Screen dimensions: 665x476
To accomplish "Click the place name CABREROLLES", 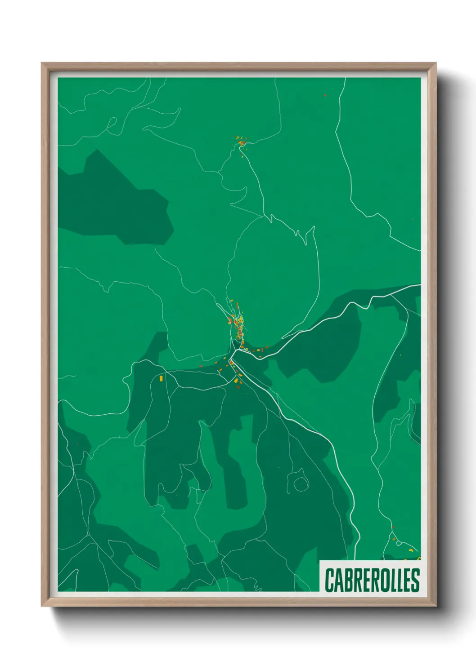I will [x=372, y=580].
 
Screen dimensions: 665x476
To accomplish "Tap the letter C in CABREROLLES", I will [x=329, y=580].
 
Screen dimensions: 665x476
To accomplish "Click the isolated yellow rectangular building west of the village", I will [x=161, y=379].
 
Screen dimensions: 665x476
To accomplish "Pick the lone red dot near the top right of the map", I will [x=325, y=95].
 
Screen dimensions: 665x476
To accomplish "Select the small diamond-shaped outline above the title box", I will [x=398, y=543].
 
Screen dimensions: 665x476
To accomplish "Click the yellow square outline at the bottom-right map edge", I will [x=418, y=558].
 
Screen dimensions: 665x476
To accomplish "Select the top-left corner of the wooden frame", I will [x=42, y=63].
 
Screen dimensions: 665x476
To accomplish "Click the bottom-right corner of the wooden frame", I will [x=436, y=607].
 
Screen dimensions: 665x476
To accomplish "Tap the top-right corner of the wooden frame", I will [x=436, y=63].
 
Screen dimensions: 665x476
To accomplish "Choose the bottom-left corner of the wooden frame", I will [x=42, y=607].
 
